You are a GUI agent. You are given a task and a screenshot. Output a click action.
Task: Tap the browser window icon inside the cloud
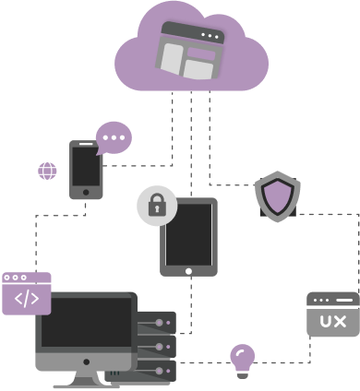(x=191, y=51)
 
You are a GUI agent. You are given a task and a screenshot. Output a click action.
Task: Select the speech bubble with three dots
(x=114, y=138)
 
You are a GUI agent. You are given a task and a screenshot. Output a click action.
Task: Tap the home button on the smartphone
(x=86, y=193)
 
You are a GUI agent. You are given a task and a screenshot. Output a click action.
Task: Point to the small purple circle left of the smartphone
(x=46, y=171)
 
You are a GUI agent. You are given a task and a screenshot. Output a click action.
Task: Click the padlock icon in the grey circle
(x=157, y=205)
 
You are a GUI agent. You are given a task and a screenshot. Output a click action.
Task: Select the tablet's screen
(x=189, y=234)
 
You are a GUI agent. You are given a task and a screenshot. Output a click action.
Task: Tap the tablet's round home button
(x=189, y=271)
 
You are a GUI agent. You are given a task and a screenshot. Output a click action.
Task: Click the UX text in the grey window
(x=332, y=321)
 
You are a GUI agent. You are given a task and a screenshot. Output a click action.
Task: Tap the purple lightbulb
(x=242, y=358)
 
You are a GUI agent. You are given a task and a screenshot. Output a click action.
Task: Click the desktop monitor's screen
(x=85, y=326)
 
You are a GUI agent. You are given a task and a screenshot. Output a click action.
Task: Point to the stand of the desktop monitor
(x=85, y=376)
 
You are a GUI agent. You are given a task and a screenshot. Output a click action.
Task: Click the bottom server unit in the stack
(x=153, y=371)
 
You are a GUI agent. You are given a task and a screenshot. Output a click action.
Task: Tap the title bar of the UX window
(x=332, y=301)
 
